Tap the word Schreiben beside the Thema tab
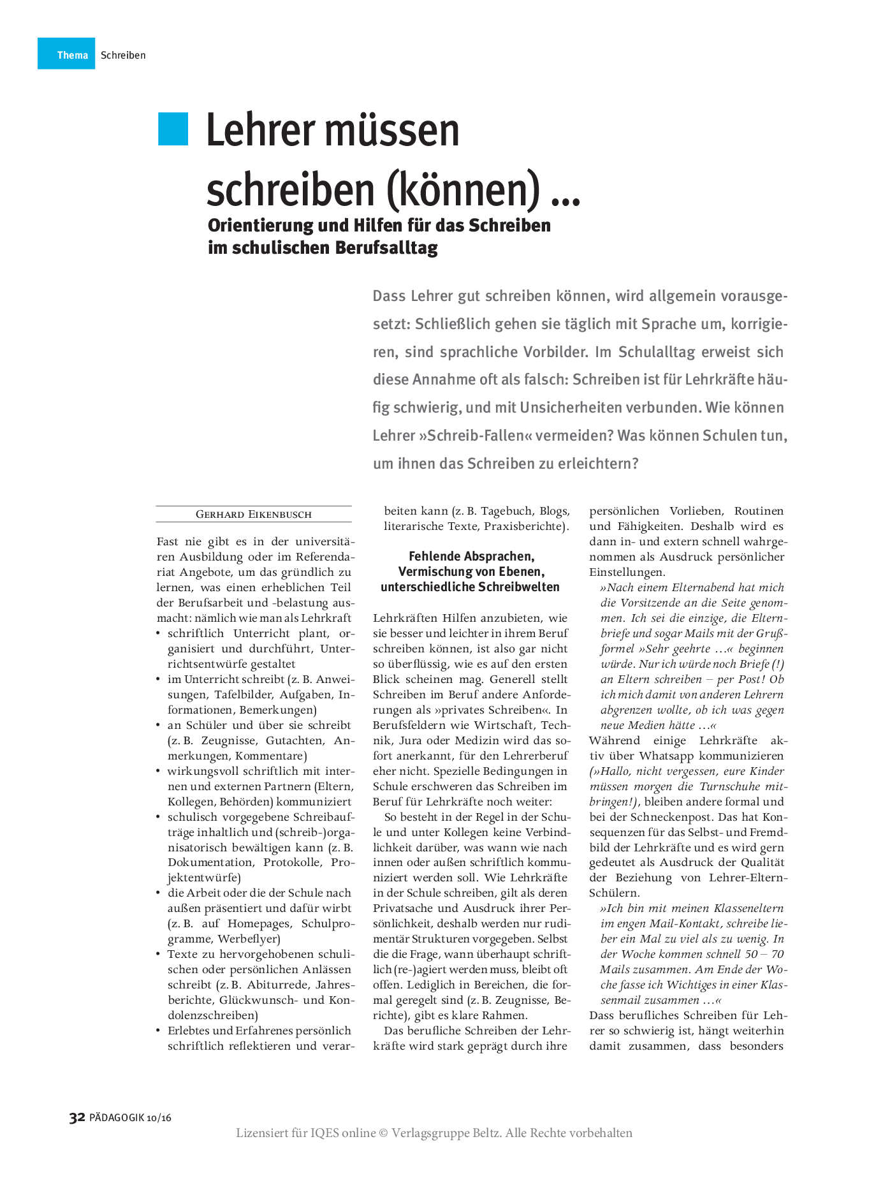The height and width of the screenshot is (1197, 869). tap(123, 55)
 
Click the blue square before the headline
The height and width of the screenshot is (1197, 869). tap(173, 129)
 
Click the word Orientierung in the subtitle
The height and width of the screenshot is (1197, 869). tap(261, 226)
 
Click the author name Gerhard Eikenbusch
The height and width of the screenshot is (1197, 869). tap(254, 515)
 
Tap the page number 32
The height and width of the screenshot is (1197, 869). tap(77, 1117)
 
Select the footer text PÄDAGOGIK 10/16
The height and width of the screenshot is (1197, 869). tap(131, 1118)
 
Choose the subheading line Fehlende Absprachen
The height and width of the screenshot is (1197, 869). tap(471, 557)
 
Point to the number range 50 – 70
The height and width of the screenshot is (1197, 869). tap(764, 955)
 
